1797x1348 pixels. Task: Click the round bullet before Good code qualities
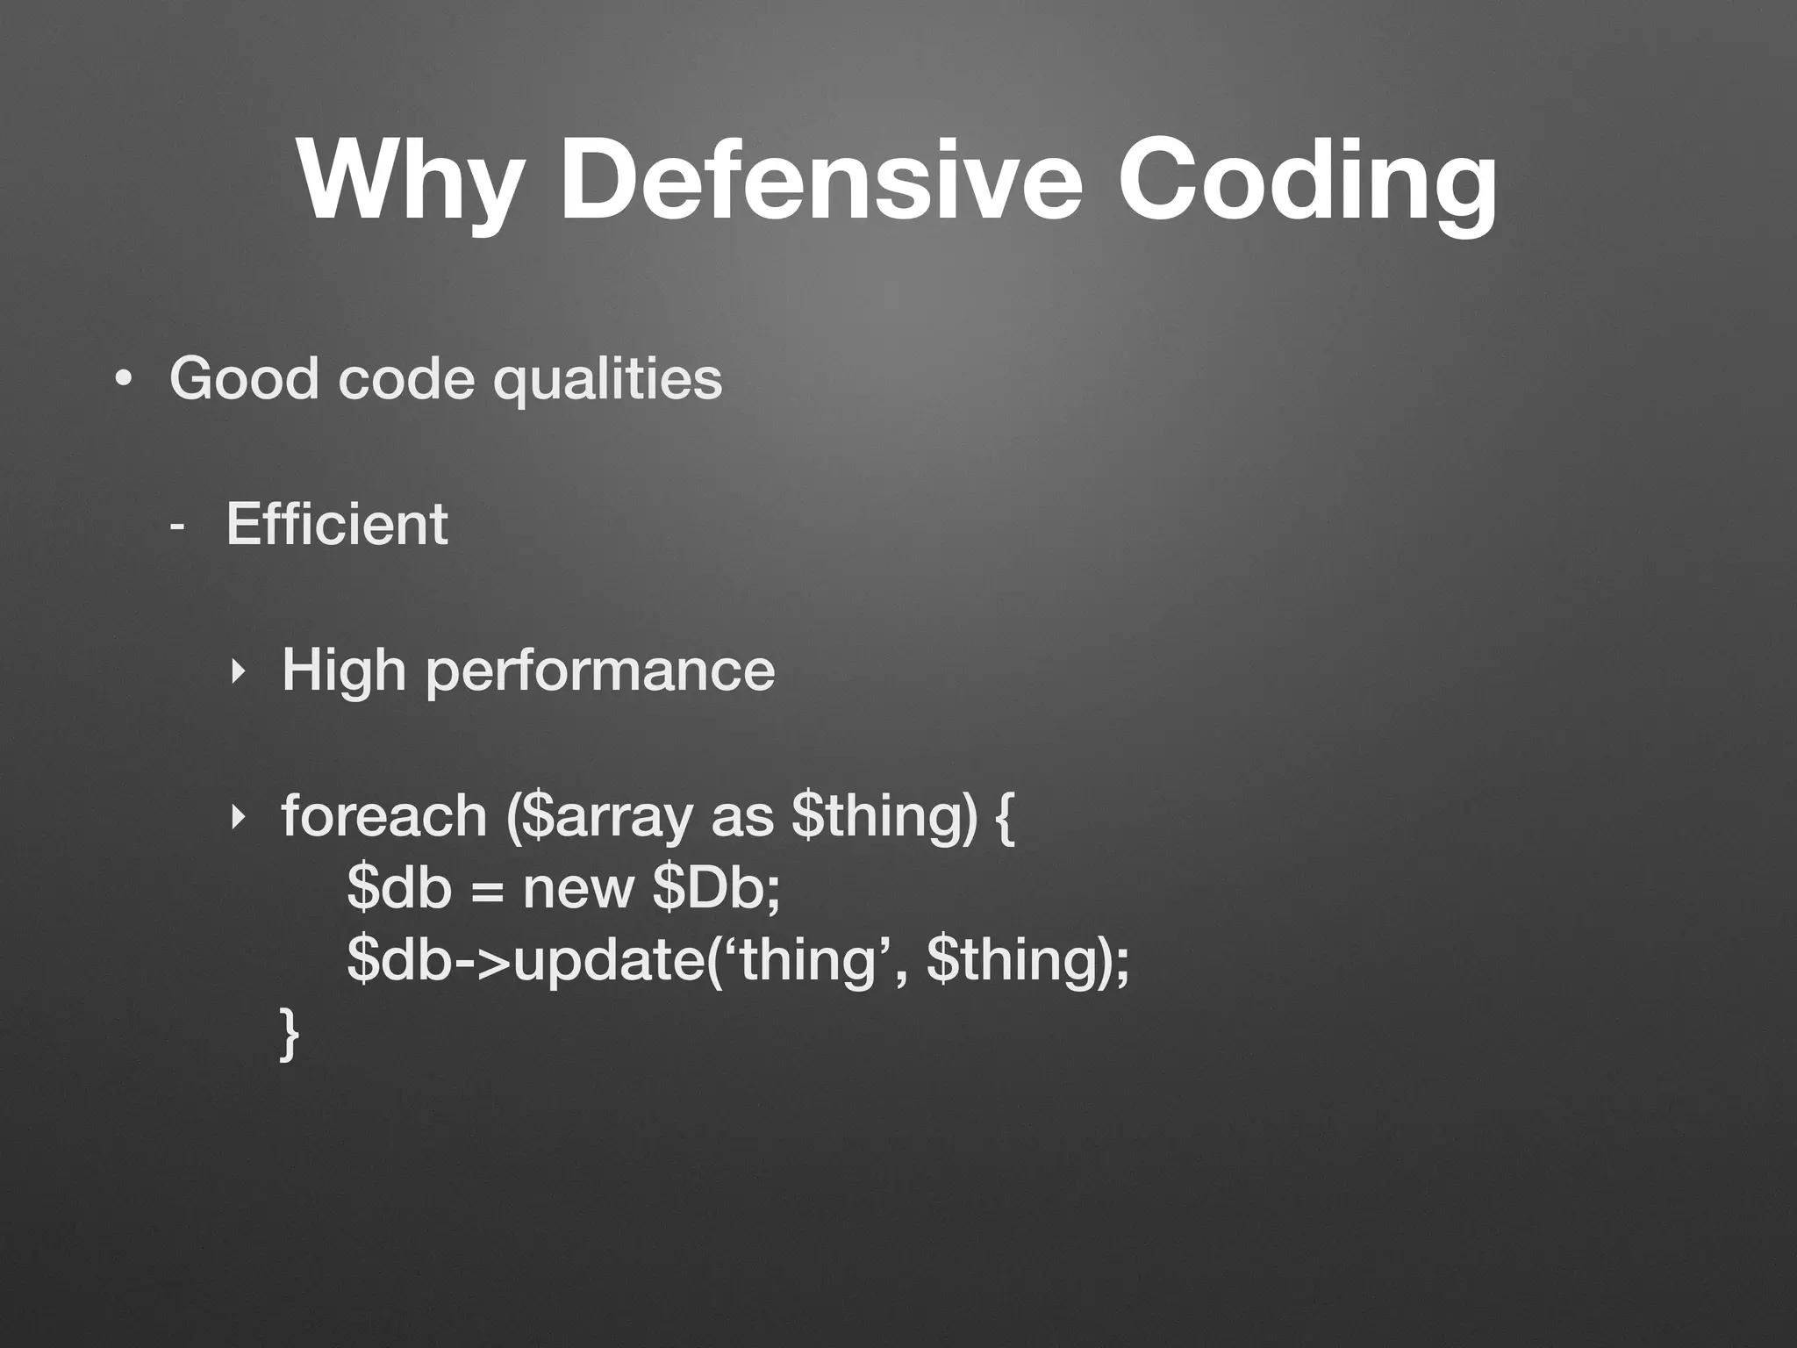(x=123, y=379)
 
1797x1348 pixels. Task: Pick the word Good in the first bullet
(x=244, y=378)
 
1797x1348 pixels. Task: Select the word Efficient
(x=337, y=524)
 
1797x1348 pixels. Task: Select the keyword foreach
(x=384, y=816)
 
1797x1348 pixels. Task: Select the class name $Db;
(x=716, y=888)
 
